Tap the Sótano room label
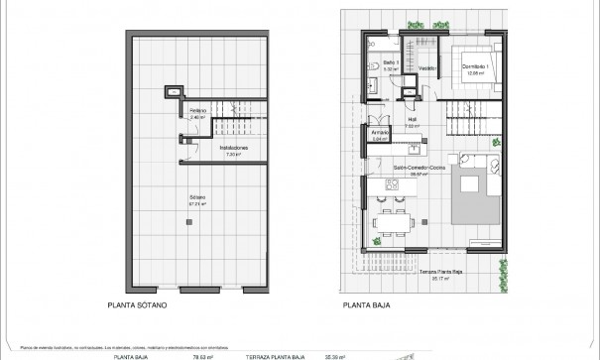click(198, 201)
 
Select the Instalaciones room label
click(233, 150)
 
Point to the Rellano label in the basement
click(198, 111)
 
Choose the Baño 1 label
click(390, 66)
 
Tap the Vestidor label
click(427, 68)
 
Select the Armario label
click(378, 134)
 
